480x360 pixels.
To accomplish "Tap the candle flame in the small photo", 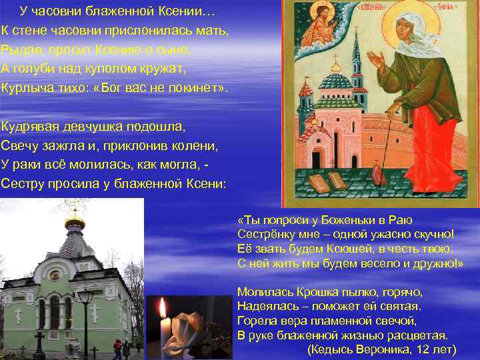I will click(162, 309).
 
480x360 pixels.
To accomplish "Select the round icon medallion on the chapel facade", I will click(56, 275).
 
